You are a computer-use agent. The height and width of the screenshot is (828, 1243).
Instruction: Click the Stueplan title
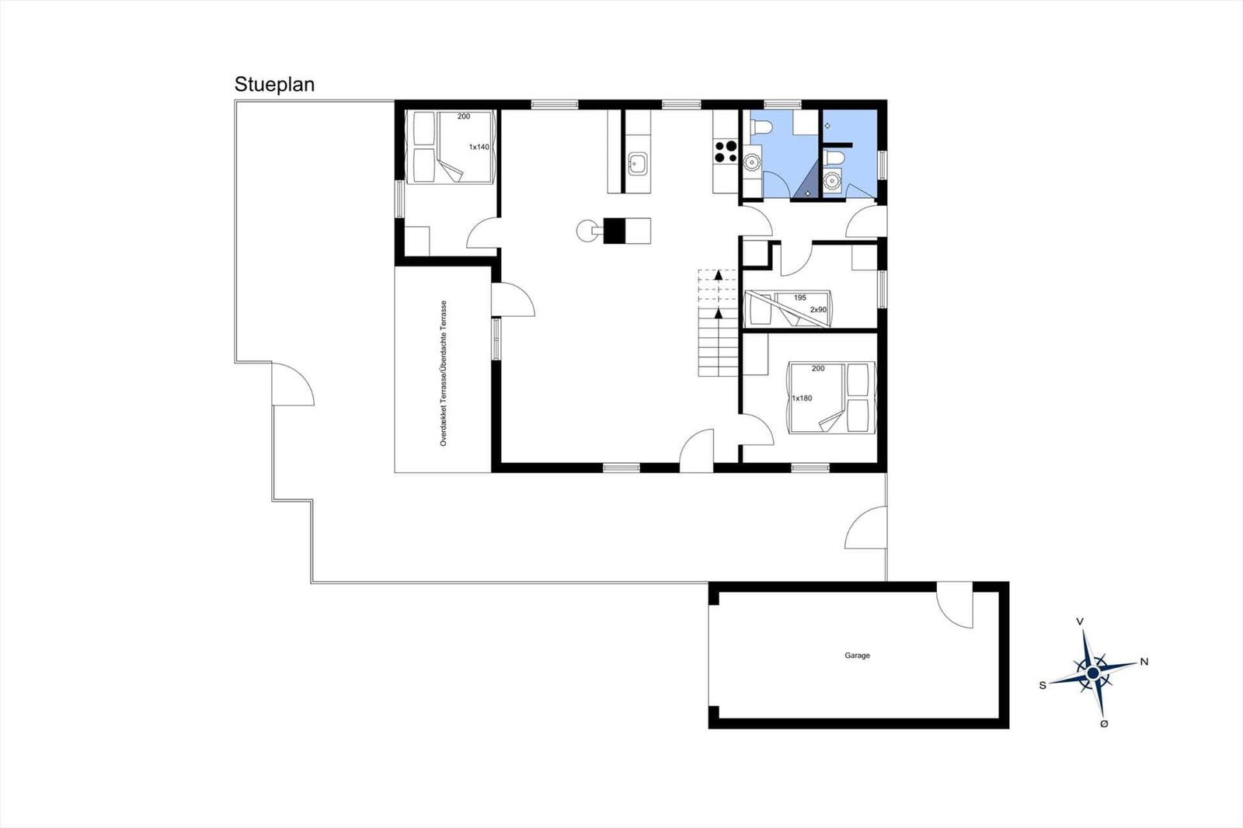coord(274,85)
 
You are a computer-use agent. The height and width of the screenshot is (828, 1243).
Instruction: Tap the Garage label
coord(858,656)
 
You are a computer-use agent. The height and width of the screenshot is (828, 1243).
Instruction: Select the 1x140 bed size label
coord(479,147)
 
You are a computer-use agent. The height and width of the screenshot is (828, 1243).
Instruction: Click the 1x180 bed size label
coord(802,398)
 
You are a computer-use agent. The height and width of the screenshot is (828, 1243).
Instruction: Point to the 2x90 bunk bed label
coord(819,310)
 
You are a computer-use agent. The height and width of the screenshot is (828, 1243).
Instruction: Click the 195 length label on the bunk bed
coord(799,298)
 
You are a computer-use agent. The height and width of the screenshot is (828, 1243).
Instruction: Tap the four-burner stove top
coord(726,151)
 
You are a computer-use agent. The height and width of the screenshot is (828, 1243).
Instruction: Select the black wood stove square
coord(615,231)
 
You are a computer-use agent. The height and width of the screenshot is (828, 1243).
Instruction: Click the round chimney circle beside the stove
coord(587,231)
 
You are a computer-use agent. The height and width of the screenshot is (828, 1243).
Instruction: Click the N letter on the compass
coord(1144,662)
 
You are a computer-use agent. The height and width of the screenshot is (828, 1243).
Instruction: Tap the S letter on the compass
coord(1043,685)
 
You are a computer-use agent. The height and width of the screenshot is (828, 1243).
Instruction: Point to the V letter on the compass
coord(1080,621)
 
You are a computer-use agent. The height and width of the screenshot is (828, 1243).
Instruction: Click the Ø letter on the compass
coord(1104,724)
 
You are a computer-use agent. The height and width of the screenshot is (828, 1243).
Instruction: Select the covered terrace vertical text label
coord(444,374)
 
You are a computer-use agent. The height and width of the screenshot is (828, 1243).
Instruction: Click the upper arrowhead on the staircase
coord(719,274)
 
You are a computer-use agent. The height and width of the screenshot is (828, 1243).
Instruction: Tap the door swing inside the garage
coord(955,605)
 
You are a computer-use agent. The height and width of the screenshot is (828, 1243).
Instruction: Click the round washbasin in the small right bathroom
coord(831,180)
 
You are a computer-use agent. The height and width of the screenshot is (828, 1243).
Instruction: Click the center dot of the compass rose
coord(1092,673)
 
